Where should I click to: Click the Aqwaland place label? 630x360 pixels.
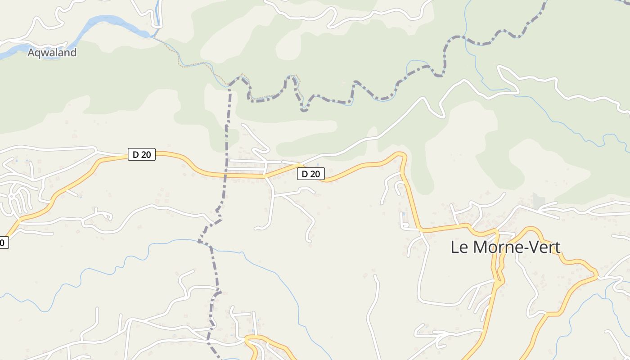(52, 53)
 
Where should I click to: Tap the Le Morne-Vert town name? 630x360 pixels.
(505, 247)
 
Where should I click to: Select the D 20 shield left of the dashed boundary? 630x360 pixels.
(141, 155)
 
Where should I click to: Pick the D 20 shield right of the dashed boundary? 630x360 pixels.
(310, 174)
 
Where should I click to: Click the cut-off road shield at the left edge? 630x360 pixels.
(3, 243)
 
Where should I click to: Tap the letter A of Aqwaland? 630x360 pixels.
(31, 53)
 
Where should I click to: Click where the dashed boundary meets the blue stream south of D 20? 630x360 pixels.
(200, 242)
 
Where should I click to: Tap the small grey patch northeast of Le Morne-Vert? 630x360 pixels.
(539, 200)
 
